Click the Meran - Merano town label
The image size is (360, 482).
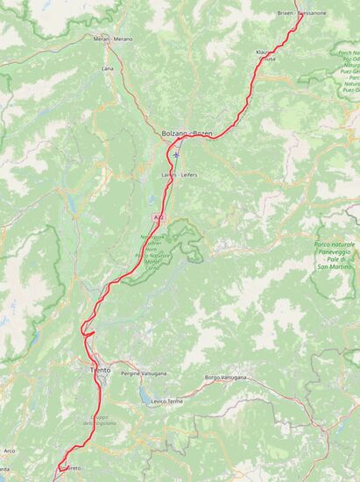[x=112, y=39]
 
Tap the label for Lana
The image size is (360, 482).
[x=108, y=67]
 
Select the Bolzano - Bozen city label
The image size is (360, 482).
[x=187, y=133]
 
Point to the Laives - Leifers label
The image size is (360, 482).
[x=180, y=175]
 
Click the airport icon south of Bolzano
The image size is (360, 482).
[x=176, y=155]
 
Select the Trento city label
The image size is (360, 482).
[x=100, y=371]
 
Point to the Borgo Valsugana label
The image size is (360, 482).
[x=225, y=378]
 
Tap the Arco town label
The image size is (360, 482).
[x=10, y=450]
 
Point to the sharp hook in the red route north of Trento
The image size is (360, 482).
[x=85, y=331]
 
